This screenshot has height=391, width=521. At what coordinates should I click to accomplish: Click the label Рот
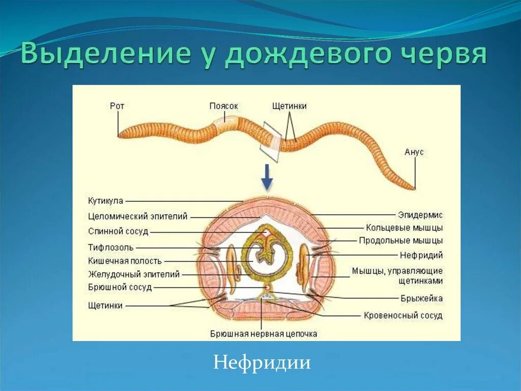117,106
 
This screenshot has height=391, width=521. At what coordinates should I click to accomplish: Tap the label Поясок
224,106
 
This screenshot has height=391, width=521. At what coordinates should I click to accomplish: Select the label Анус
414,152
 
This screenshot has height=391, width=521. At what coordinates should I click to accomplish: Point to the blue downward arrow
267,178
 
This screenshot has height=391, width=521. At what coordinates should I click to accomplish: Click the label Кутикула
105,201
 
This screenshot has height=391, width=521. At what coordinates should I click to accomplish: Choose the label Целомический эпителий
138,216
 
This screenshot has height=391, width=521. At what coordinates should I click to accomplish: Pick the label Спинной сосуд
118,231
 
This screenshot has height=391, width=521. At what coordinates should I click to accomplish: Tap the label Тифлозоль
110,247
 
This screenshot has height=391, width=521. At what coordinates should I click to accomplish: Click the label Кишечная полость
125,261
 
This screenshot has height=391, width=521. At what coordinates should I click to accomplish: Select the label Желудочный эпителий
134,275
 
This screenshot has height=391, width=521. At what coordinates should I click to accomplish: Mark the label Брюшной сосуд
120,288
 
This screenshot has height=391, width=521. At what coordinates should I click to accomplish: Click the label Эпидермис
420,215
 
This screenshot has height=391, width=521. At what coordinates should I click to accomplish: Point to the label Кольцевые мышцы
404,228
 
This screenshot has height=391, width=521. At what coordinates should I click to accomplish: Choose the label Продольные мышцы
400,241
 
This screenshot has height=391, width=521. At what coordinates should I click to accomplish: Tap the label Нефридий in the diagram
421,255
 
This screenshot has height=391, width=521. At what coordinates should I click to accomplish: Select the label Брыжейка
421,298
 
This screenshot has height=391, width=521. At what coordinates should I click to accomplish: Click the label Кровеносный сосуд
403,316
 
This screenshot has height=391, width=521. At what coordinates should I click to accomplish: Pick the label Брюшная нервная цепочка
264,334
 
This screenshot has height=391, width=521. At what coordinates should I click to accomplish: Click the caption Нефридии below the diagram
262,362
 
